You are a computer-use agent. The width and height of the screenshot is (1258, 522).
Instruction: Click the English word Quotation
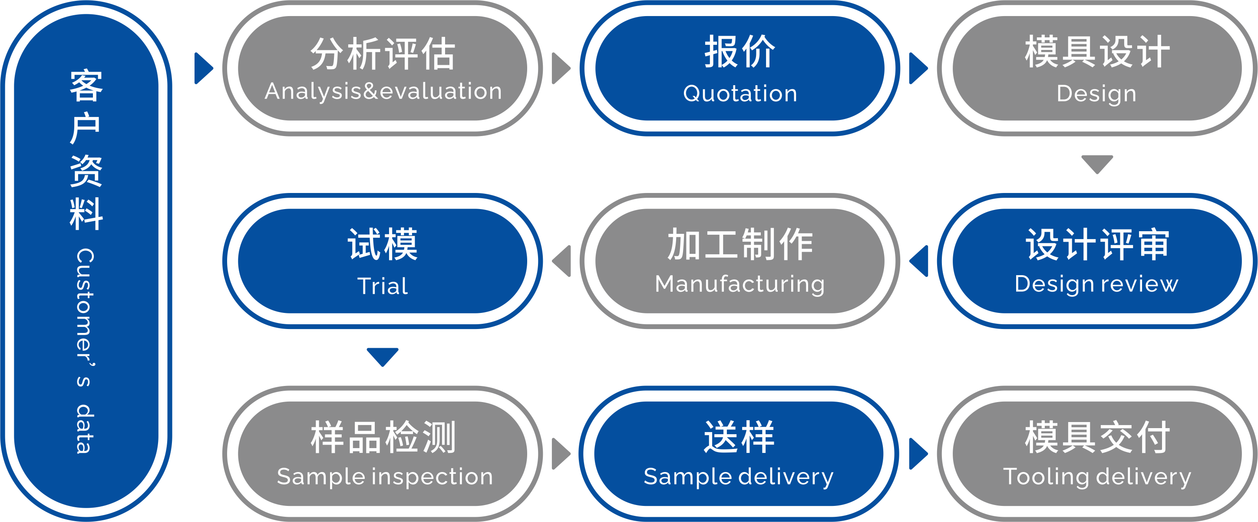[740, 93]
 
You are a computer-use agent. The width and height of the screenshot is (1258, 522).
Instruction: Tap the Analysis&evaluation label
[383, 91]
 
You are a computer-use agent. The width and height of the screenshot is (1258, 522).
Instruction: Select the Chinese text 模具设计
[1097, 52]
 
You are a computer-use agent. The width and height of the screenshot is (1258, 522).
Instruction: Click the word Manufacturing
[740, 284]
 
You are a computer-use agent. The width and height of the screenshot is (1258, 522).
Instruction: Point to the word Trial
[383, 286]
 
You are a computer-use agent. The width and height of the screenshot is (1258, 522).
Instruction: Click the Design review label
[1096, 284]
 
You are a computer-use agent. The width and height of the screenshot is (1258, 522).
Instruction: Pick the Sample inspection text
[385, 476]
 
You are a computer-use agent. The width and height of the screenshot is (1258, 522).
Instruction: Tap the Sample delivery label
[738, 476]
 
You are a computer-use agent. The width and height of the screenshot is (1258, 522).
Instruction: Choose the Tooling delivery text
[1097, 476]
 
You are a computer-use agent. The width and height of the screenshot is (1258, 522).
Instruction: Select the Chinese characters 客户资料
[86, 149]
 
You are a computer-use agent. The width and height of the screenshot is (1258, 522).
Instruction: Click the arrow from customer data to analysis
[203, 68]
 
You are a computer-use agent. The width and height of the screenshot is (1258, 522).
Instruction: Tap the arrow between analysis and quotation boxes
[560, 68]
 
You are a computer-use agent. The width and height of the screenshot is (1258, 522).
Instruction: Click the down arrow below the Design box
[1097, 164]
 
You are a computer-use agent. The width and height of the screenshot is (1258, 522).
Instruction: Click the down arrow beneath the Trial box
[383, 356]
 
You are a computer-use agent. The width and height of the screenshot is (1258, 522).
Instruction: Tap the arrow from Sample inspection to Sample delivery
[560, 454]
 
